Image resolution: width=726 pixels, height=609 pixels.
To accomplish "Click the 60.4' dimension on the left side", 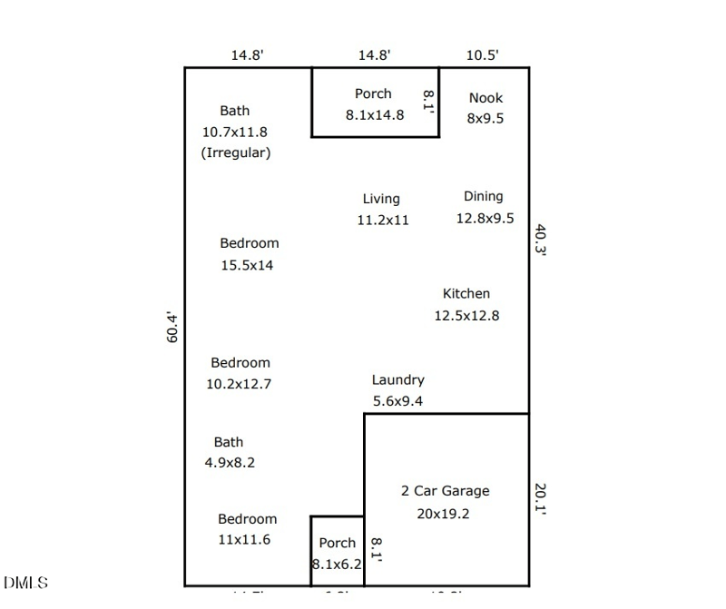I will coord(172,328).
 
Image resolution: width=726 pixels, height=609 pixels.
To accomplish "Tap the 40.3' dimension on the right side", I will coord(541,241).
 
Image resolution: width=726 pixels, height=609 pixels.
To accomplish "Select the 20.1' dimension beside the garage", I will coord(541,497).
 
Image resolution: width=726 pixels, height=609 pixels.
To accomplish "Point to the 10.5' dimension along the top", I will coord(482,55).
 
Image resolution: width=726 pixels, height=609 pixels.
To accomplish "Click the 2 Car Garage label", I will coord(445,491).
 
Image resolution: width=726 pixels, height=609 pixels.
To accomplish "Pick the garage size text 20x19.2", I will coord(445,514).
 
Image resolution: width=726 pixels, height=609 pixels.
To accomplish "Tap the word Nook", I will coord(486,98).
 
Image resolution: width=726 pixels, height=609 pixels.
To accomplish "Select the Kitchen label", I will coord(466,294).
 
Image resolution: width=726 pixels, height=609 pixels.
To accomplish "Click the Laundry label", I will coord(397,380).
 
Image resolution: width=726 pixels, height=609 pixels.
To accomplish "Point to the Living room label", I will coord(381,199).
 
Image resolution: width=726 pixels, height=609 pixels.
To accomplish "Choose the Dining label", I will coord(483,196).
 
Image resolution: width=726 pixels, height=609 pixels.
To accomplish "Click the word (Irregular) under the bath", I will coord(236,153).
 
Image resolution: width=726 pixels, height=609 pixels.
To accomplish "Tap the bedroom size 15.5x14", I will coord(247,266).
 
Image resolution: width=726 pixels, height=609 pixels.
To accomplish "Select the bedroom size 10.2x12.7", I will coord(239,384).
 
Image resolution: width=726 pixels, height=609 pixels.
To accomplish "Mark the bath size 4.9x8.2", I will coord(230,463).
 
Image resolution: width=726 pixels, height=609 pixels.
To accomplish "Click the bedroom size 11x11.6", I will coord(244,540).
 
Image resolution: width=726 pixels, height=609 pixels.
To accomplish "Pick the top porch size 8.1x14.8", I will coord(374,115).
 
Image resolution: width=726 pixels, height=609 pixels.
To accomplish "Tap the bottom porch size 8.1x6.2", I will coord(337,564).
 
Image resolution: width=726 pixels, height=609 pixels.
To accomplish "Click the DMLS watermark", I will coord(26,583).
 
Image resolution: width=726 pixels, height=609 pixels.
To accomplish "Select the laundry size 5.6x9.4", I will coord(397,401).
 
